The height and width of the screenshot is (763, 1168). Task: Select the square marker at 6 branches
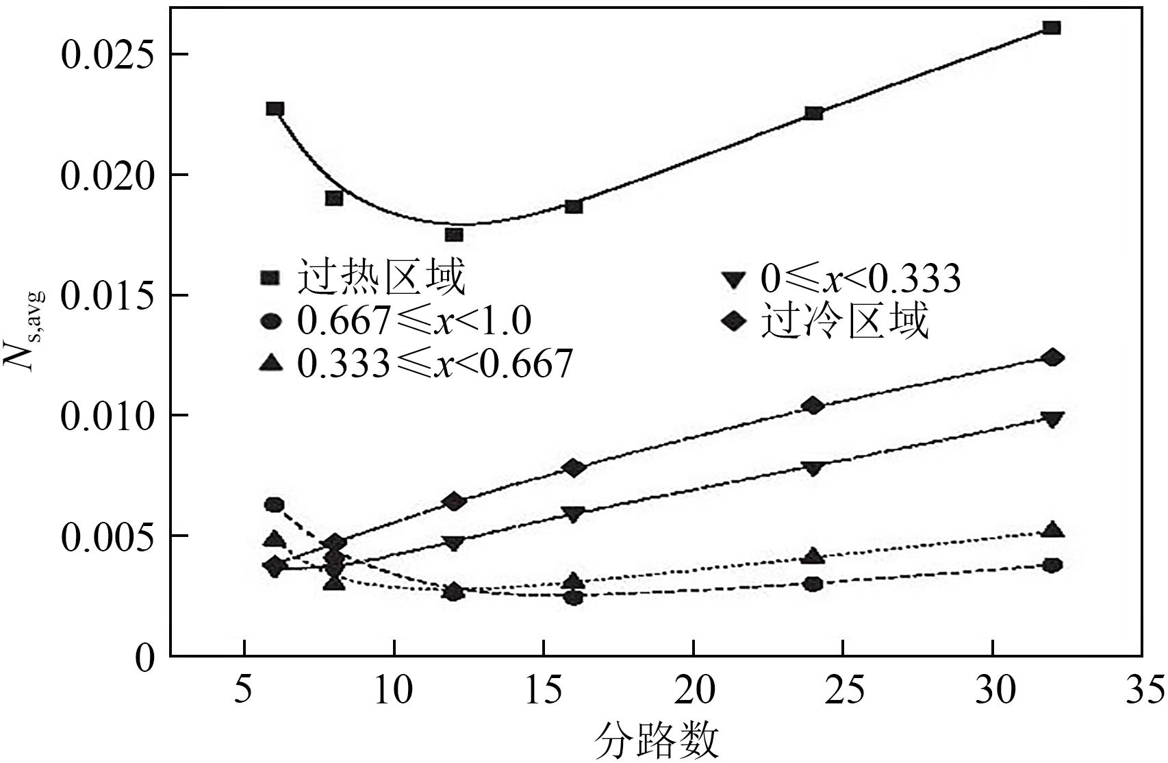click(x=275, y=109)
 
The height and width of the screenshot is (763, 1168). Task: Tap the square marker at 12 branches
click(x=454, y=235)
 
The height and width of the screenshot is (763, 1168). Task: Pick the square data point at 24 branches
click(x=813, y=113)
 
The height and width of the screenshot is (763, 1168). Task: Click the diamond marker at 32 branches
click(x=1053, y=358)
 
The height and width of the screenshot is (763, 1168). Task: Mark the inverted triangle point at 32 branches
click(x=1053, y=419)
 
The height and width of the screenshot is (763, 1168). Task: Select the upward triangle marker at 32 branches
click(x=1053, y=529)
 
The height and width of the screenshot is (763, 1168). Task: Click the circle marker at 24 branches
click(x=813, y=584)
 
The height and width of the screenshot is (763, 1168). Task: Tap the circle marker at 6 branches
click(x=275, y=505)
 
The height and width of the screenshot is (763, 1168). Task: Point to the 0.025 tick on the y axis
click(x=105, y=55)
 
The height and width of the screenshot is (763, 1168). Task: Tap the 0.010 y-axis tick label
click(x=105, y=416)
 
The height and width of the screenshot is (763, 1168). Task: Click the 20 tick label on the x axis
click(x=693, y=692)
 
